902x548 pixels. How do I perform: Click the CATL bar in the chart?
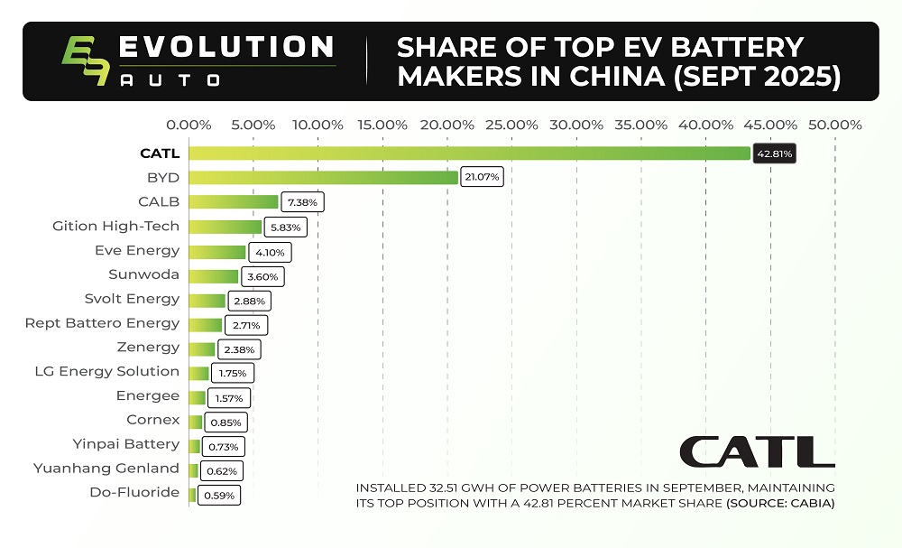(469, 153)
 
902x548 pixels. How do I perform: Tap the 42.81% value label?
(775, 154)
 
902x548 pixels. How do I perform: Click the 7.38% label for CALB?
(302, 202)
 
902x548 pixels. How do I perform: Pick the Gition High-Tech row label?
(115, 226)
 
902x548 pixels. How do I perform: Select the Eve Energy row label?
(137, 250)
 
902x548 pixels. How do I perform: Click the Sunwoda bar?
(213, 275)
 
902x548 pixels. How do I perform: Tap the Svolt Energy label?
(132, 299)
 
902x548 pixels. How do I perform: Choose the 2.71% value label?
(245, 324)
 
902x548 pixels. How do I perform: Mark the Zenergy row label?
(148, 348)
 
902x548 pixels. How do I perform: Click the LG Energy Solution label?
(106, 371)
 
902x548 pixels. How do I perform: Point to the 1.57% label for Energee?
(229, 397)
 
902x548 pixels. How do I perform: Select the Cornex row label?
(152, 420)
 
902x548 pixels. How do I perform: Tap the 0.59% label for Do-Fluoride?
(218, 495)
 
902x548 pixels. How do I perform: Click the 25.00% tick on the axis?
(511, 125)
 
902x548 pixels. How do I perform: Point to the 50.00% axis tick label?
(834, 125)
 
